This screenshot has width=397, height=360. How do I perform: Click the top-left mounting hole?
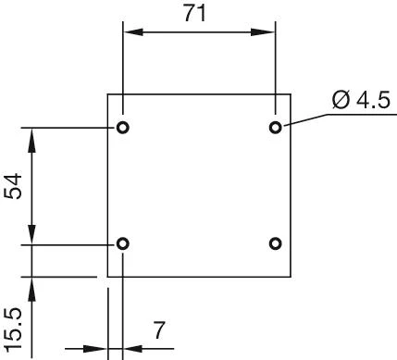pyautogui.click(x=123, y=127)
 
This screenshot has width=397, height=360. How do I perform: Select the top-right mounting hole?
pyautogui.click(x=275, y=127)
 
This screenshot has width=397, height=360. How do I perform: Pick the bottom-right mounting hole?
pyautogui.click(x=275, y=243)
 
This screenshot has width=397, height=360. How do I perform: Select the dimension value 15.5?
pyautogui.click(x=13, y=324)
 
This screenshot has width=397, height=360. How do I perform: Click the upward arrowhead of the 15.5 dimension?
pyautogui.click(x=32, y=285)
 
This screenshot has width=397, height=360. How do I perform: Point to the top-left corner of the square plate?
pyautogui.click(x=108, y=93)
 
